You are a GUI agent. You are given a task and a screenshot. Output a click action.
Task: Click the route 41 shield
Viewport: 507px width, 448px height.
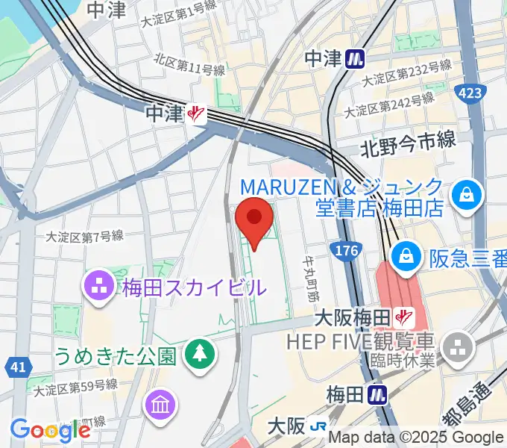click(x=18, y=366)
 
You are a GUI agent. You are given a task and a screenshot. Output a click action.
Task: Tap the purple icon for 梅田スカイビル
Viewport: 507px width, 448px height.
click(x=98, y=285)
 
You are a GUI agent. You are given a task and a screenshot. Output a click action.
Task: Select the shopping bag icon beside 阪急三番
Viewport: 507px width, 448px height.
click(x=407, y=256)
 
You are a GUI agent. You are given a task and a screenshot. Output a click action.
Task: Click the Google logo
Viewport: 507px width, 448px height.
click(x=49, y=429)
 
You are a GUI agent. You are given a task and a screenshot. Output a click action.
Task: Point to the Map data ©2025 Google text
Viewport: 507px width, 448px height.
click(x=415, y=438)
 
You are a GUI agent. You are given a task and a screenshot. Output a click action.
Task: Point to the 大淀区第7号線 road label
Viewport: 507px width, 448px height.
click(x=84, y=236)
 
